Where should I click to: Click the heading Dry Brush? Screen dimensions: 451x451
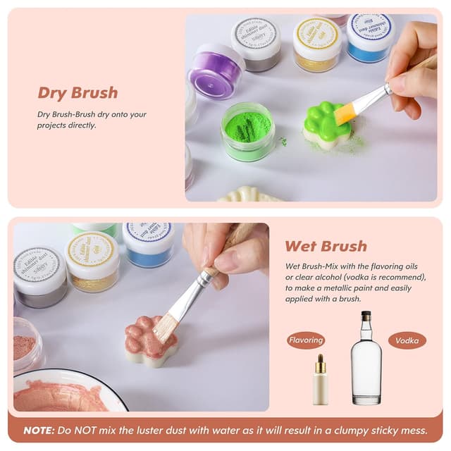pos(78,93)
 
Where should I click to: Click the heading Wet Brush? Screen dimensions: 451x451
pos(326,246)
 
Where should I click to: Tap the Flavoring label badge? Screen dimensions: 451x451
pos(306,341)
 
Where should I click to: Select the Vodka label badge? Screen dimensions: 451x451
pos(407,341)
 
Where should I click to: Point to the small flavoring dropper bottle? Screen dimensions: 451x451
pos(321,381)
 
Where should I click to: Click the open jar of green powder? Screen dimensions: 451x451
pos(247,130)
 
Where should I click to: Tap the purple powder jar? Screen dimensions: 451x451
pos(216,70)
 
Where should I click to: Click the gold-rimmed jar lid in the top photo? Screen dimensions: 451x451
pos(317,34)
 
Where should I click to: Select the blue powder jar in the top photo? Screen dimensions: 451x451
pos(370,39)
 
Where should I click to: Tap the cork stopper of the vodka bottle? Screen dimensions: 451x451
pos(366,316)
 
